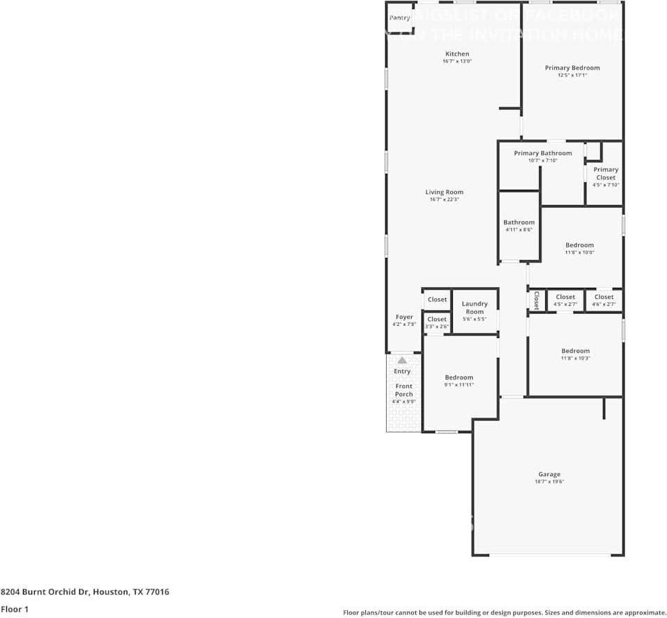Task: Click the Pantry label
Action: click(399, 18)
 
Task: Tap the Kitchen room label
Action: click(457, 54)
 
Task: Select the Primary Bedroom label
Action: click(572, 68)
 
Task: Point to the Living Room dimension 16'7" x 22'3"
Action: click(444, 200)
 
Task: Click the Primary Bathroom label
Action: click(543, 154)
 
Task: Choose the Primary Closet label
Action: click(605, 174)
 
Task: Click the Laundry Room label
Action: click(474, 307)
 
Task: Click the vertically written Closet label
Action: click(536, 300)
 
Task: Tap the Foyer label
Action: click(404, 317)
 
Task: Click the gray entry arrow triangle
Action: click(402, 360)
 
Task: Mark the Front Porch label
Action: click(404, 390)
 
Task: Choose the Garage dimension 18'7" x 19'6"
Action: click(549, 482)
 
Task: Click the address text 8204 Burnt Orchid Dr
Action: click(45, 592)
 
